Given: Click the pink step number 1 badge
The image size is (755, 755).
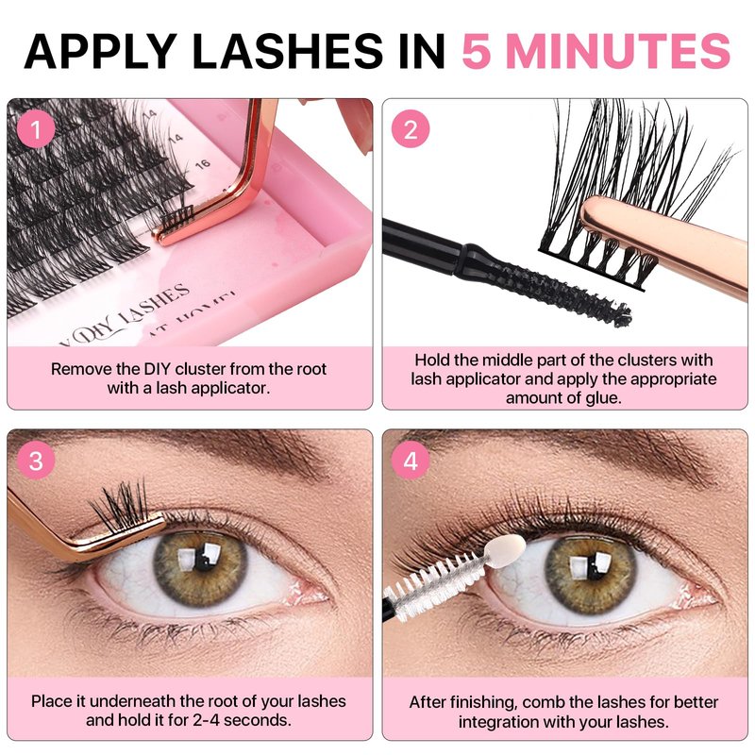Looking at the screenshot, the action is [x=36, y=129].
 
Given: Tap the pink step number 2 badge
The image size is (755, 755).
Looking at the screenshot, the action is [x=411, y=129].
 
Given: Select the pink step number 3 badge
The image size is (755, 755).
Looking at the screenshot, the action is [x=36, y=461].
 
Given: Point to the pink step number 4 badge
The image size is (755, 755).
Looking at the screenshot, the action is [x=411, y=461].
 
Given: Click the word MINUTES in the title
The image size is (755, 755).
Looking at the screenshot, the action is [x=618, y=51].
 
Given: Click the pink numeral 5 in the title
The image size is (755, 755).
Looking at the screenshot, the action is [x=476, y=51].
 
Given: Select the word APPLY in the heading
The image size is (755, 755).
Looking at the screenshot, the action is [x=99, y=51].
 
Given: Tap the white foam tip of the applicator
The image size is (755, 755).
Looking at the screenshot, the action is [x=505, y=551].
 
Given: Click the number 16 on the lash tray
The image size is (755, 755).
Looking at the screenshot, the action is [x=203, y=164].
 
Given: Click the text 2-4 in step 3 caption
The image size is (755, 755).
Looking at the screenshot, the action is [x=207, y=720].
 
